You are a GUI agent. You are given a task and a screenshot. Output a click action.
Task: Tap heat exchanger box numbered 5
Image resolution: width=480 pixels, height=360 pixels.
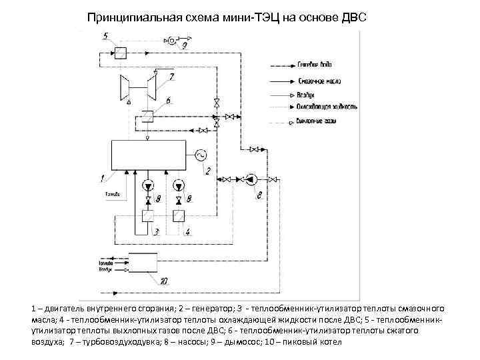tap(120, 53)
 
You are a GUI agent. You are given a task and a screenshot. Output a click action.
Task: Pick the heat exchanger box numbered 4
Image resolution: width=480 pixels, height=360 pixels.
tap(179, 216)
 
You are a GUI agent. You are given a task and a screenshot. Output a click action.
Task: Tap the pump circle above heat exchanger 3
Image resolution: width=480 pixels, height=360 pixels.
tap(148, 185)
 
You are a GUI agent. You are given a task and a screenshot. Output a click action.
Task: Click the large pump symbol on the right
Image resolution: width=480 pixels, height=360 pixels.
tap(251, 179)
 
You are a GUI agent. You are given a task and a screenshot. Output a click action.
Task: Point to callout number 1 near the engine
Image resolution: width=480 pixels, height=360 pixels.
tap(103, 178)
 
